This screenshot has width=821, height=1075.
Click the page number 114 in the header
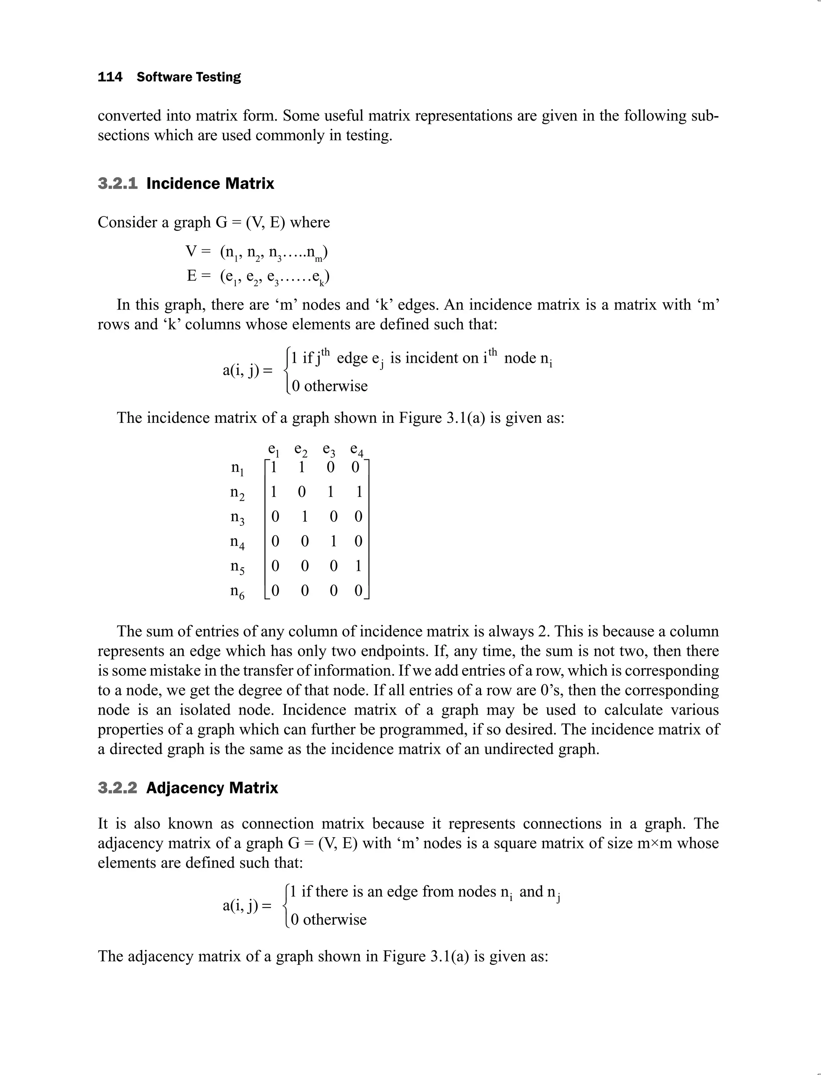point(110,77)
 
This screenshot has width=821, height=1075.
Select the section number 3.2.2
point(117,788)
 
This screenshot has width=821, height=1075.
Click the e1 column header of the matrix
point(274,450)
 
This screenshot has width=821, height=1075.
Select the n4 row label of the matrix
point(237,542)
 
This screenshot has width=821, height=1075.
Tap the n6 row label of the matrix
point(237,592)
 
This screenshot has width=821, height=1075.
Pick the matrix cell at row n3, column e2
point(304,517)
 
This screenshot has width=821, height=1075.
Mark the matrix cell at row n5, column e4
point(358,566)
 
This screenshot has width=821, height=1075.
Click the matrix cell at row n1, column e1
point(274,468)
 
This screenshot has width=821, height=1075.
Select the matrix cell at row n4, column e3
point(333,542)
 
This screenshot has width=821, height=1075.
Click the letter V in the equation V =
point(191,252)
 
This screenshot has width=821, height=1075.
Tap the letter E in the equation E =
point(192,277)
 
